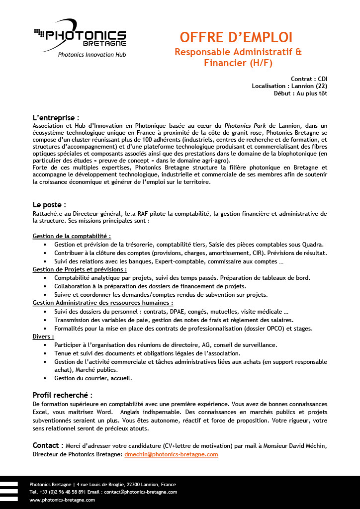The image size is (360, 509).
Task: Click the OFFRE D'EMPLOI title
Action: pos(236,37)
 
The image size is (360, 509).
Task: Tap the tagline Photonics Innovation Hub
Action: pos(92,55)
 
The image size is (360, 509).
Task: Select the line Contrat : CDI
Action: pos(309,79)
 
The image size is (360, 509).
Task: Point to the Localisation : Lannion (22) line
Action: pos(289,86)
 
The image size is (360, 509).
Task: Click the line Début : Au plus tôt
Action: pos(300,93)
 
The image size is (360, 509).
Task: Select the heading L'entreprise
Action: pos(56,118)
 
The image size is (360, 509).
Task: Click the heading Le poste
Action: pos(49,204)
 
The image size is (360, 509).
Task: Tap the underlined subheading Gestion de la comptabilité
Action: pos(72,236)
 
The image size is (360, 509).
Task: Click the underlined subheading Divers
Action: pos(43,337)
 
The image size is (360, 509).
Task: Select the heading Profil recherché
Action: pos(62,395)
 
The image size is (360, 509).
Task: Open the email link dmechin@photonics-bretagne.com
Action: pos(171,454)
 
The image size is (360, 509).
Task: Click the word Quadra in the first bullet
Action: pos(312,244)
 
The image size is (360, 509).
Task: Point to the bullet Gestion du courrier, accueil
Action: pos(93,378)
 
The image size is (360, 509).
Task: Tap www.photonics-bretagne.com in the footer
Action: pos(62,500)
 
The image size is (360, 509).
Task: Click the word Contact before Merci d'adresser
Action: pos(48,445)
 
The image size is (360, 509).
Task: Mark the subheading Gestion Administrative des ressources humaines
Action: pos(103,303)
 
